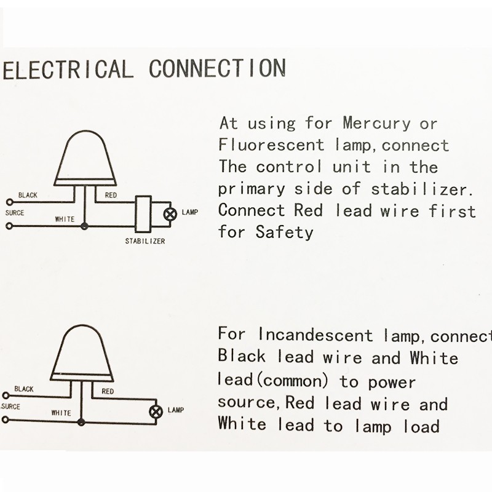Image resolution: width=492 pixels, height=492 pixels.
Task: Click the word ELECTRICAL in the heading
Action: pos(68,69)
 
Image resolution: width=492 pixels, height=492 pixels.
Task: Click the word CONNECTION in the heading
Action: pos(218,68)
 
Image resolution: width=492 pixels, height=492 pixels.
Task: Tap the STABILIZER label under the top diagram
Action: pos(145,241)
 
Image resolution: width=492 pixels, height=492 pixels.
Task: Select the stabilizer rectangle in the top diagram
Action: pos(143,214)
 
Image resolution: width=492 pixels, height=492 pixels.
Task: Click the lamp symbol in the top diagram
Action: pos(170,214)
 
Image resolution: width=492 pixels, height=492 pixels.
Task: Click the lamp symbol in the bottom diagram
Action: pos(156,411)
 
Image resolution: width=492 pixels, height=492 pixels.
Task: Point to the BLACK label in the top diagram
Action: pos(28,195)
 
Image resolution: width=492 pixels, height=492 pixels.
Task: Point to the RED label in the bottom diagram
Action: pos(108,391)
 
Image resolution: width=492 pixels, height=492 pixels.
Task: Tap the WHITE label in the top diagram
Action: pos(65,219)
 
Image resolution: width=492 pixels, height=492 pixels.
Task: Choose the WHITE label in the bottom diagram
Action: pos(61,413)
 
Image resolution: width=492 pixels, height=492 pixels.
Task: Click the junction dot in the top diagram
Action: pos(84,226)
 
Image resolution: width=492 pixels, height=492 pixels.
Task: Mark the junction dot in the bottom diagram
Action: pos(81,422)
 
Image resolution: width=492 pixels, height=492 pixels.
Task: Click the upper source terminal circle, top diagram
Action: pos(10,202)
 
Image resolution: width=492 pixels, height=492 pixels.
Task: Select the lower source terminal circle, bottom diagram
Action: pos(6,419)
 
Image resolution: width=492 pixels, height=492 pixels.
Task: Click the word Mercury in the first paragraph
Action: pos(376,124)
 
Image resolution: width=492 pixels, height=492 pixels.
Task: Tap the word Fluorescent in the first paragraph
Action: pos(271,145)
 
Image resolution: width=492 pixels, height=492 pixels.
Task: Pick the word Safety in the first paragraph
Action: pos(284,232)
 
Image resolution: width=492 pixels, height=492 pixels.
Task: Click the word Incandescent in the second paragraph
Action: pos(315,335)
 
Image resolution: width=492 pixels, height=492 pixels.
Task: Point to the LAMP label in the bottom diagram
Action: pos(176,410)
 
